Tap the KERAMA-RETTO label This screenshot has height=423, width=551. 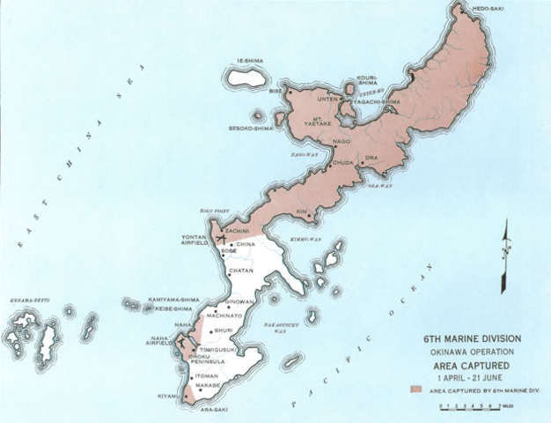tap(26, 301)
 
